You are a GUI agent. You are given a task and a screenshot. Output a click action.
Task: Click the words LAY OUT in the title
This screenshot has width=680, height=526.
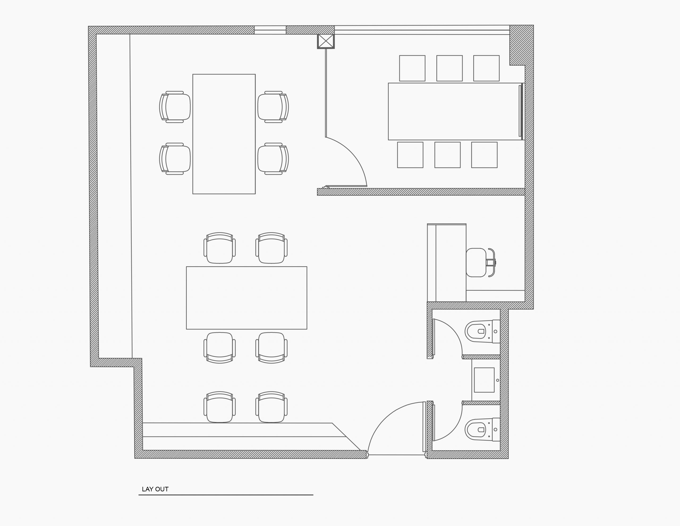point(155,489)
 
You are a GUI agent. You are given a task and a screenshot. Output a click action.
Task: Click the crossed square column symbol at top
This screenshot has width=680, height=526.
point(326,41)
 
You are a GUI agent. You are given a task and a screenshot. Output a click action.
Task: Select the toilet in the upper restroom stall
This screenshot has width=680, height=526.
point(482,331)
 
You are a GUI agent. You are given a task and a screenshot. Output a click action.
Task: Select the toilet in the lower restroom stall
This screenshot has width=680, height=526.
point(482,429)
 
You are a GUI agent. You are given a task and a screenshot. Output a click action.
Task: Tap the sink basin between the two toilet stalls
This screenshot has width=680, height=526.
point(484,380)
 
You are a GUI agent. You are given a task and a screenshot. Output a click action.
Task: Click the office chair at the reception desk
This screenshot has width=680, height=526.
point(481,262)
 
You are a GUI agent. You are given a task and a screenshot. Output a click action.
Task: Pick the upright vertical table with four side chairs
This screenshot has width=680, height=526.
point(224,134)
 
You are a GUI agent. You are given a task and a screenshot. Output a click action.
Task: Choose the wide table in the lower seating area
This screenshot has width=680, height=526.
point(246,298)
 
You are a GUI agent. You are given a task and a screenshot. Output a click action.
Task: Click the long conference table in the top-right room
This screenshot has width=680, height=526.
point(455,111)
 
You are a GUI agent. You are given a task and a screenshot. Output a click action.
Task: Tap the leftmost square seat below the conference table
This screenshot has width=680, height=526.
point(410,155)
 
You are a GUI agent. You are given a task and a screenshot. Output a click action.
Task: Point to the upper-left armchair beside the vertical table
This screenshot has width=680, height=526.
point(175,107)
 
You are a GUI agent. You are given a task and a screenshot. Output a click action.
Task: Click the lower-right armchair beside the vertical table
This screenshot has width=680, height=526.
point(273,159)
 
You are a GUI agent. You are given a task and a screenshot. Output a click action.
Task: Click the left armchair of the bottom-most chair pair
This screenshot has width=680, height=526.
point(219,407)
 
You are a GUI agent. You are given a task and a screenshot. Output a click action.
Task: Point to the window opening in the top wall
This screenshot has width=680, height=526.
point(270,30)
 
